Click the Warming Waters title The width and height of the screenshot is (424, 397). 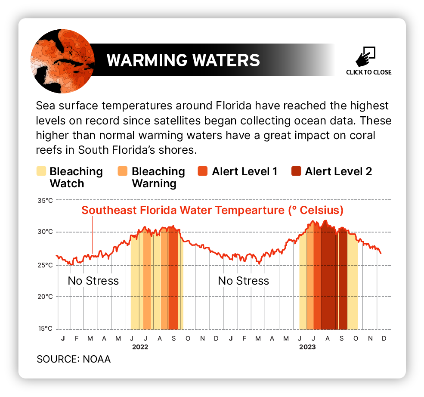click(183, 60)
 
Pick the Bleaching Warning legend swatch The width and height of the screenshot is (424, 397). click(123, 171)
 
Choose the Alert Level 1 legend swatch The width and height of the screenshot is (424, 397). click(203, 171)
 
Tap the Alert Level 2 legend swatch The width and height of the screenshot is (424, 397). click(296, 171)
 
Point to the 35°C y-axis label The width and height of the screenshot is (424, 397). click(45, 200)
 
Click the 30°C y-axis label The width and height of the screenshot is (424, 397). click(45, 232)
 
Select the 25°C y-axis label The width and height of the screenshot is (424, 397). click(45, 265)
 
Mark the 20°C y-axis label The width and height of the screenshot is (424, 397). click(45, 296)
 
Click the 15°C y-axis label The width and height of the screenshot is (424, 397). click(45, 329)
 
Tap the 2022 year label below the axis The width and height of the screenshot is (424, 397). click(139, 347)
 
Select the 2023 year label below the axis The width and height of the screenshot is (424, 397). click(307, 347)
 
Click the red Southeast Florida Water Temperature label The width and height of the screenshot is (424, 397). click(212, 211)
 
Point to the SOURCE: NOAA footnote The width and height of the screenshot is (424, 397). click(74, 359)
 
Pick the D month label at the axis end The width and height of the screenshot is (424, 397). click(384, 338)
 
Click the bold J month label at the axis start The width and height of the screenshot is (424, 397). click(63, 338)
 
